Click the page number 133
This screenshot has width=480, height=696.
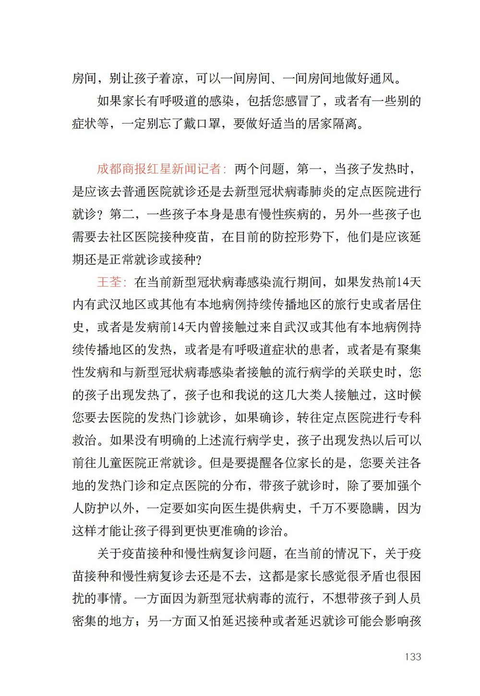[x=413, y=657]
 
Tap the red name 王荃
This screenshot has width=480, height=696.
[x=109, y=282]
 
